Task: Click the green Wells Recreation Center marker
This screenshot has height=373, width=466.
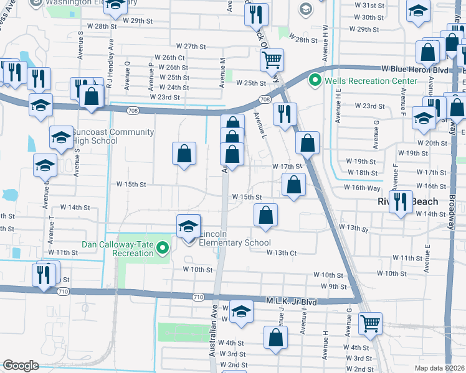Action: click(x=316, y=81)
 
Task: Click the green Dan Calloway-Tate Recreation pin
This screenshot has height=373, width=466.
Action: click(x=163, y=249)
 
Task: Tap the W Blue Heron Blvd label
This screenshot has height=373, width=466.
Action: click(x=415, y=69)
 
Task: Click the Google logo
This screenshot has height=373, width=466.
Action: click(x=21, y=366)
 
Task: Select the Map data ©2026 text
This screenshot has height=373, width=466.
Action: click(x=439, y=368)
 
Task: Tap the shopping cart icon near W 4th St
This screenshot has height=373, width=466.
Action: click(x=370, y=323)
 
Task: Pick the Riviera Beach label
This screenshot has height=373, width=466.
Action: click(x=416, y=201)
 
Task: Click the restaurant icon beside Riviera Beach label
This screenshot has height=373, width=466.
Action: click(x=401, y=200)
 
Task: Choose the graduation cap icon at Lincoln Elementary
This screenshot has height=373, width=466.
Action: click(x=188, y=226)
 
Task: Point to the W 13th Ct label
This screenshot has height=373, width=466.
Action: click(x=281, y=252)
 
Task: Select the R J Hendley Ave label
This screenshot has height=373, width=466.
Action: click(x=110, y=63)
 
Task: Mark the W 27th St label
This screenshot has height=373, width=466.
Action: click(x=191, y=47)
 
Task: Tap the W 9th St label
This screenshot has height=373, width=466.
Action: click(x=333, y=286)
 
